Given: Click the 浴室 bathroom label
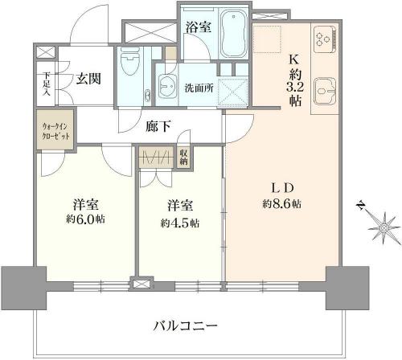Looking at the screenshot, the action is [199, 27].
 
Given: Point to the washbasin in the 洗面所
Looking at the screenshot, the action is [167, 85].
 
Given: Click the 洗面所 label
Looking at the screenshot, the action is [199, 88].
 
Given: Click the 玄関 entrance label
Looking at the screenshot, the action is [88, 79].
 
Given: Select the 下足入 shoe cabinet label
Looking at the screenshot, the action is [47, 84].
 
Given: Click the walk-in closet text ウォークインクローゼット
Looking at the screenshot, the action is [56, 131].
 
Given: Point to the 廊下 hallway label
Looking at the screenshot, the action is [158, 126].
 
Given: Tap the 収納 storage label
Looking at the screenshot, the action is [183, 157].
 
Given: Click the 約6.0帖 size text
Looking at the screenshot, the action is [85, 219].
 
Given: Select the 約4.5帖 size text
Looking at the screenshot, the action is [180, 223].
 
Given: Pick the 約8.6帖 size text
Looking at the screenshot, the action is [281, 204].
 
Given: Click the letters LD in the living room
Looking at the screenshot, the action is [282, 189].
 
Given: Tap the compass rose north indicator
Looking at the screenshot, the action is [383, 227].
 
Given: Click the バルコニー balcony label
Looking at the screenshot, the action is [186, 325].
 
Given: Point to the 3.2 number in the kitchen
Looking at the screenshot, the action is [295, 88].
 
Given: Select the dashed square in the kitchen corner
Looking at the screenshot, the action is [268, 39].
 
